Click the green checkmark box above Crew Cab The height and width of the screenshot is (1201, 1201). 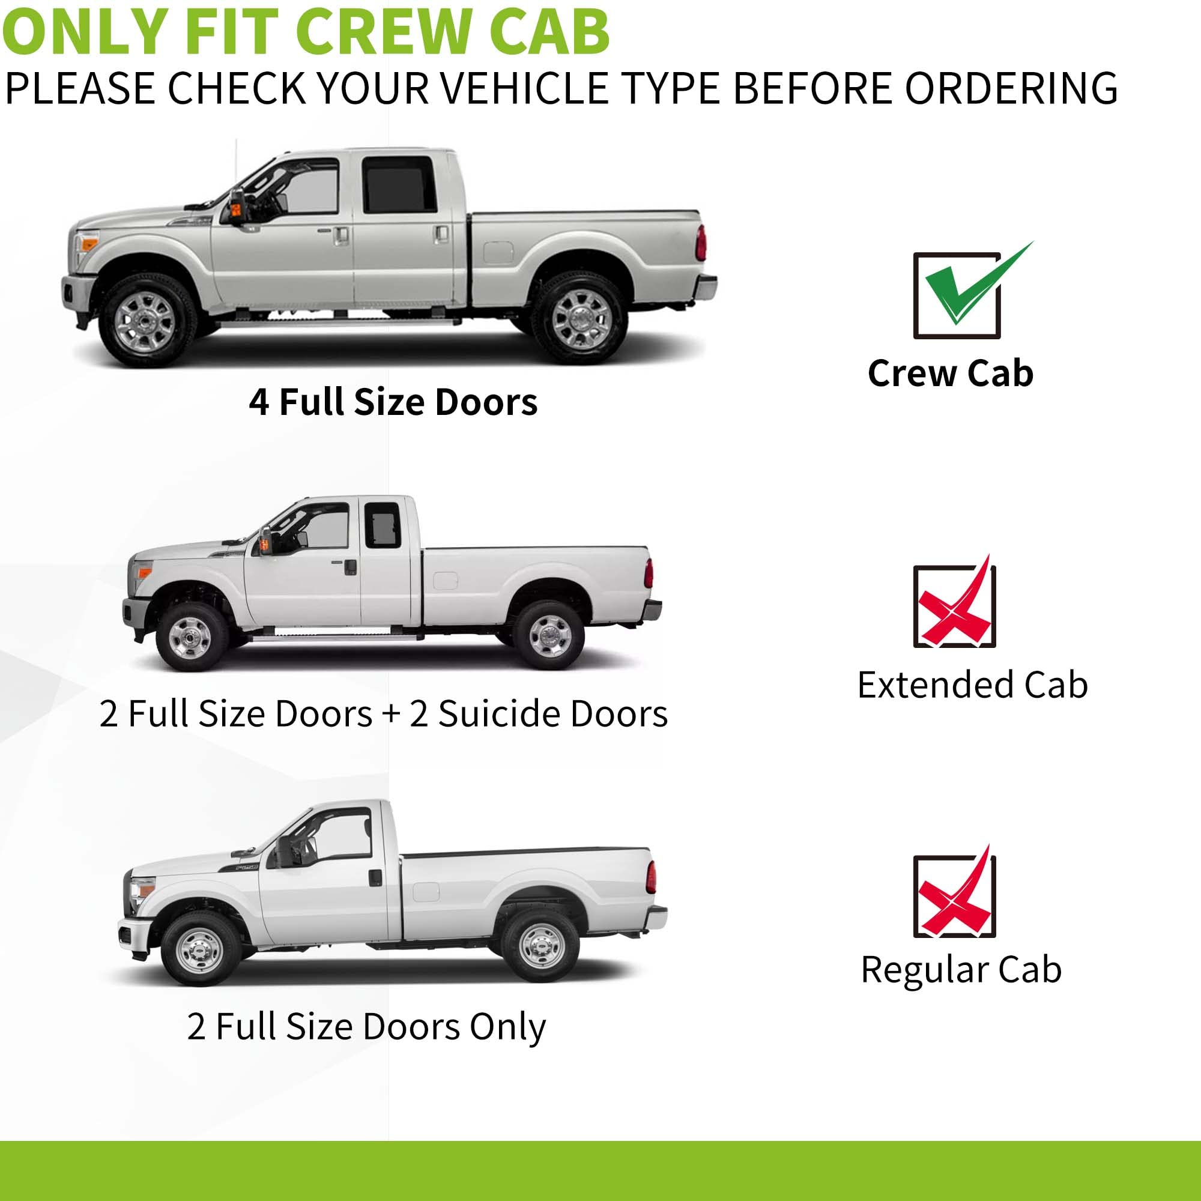pyautogui.click(x=956, y=296)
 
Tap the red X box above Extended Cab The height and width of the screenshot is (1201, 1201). pyautogui.click(x=954, y=607)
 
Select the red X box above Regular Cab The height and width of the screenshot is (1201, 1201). pyautogui.click(x=954, y=897)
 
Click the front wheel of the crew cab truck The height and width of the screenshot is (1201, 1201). pyautogui.click(x=145, y=321)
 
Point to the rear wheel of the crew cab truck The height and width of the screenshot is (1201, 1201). pyautogui.click(x=581, y=318)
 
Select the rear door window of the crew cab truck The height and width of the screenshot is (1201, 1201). pyautogui.click(x=399, y=184)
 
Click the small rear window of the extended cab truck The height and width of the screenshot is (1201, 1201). pyautogui.click(x=383, y=525)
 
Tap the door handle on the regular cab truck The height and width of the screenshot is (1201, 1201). pyautogui.click(x=375, y=878)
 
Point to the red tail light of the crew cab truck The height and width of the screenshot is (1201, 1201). pyautogui.click(x=701, y=243)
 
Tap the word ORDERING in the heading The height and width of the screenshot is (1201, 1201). pyautogui.click(x=1011, y=88)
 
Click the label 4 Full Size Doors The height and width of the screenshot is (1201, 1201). pyautogui.click(x=393, y=402)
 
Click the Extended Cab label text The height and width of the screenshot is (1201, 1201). pyautogui.click(x=972, y=685)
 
